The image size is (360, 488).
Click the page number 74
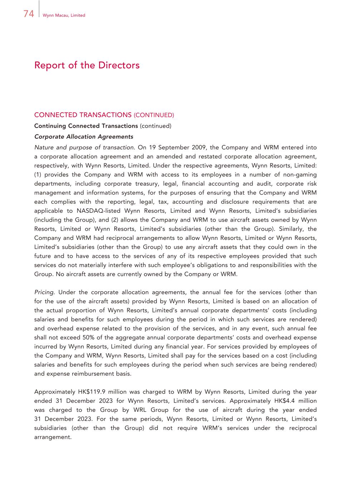tap(29, 14)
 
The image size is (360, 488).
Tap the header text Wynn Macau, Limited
tap(64, 15)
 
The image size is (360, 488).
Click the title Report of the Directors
tap(87, 65)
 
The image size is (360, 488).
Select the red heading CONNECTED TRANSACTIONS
tap(83, 115)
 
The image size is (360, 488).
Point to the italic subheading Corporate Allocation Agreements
tap(84, 137)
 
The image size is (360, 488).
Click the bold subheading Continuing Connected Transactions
tap(86, 126)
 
